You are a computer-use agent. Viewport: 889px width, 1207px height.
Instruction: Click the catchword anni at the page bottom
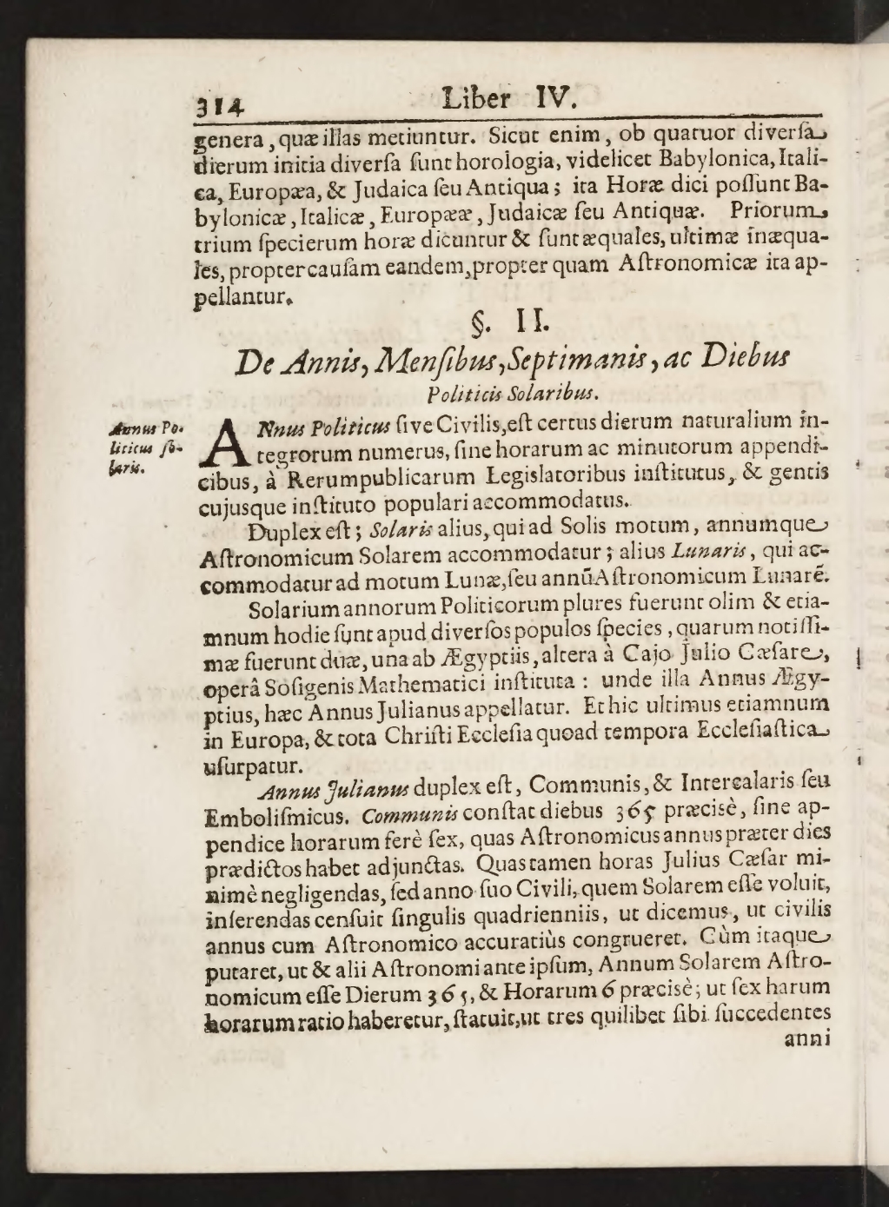[x=807, y=1039]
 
